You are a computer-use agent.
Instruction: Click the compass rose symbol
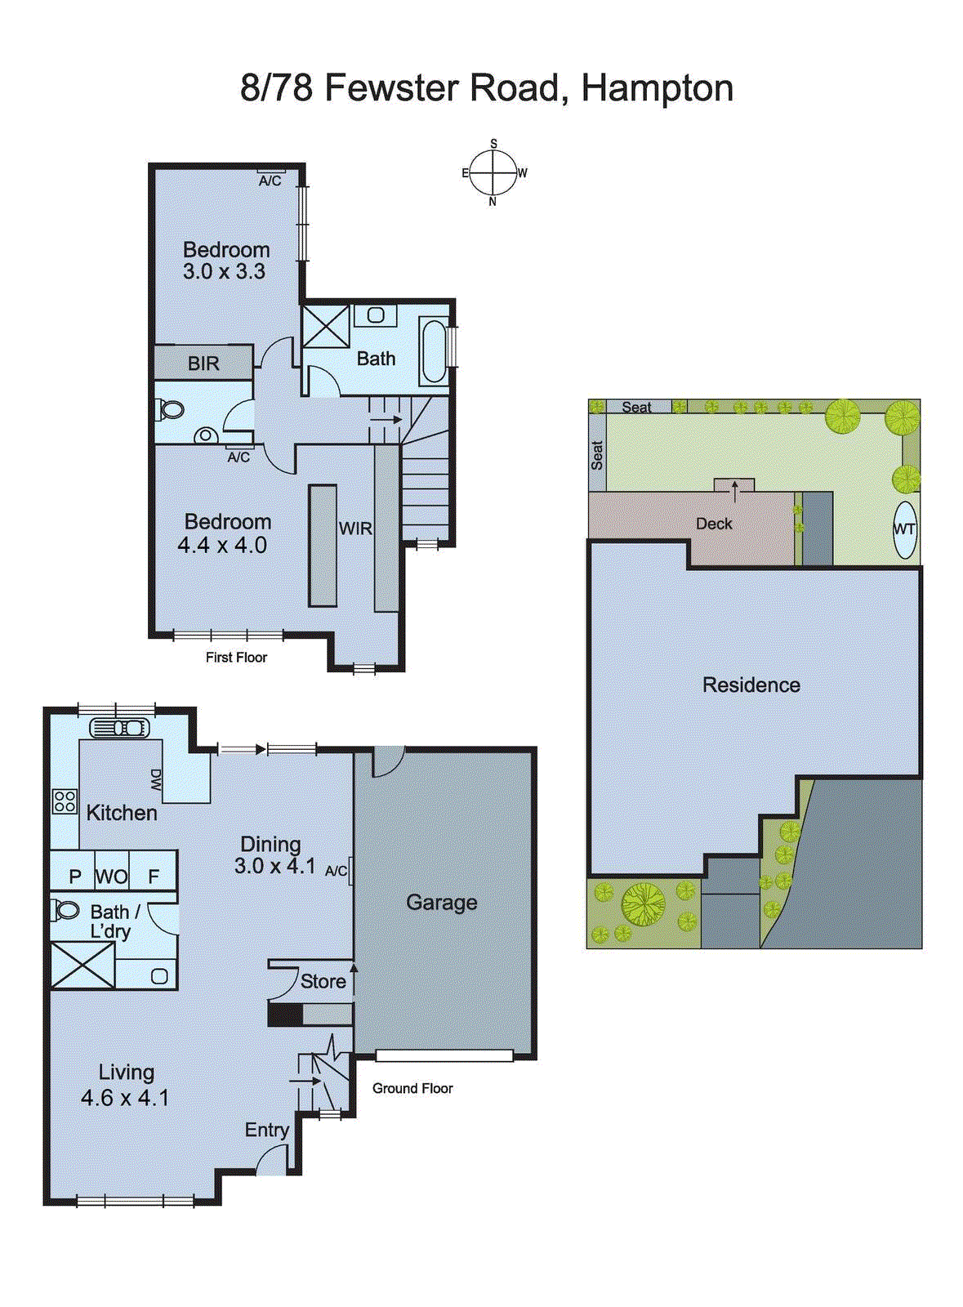click(x=493, y=172)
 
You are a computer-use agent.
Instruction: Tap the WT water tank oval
click(x=904, y=529)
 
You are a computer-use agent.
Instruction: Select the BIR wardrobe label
click(x=203, y=364)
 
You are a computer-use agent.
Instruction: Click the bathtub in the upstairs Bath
click(x=434, y=352)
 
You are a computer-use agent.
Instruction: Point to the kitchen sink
click(x=119, y=727)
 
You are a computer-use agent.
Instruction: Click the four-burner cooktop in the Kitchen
click(x=65, y=801)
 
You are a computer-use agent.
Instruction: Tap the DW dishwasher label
click(x=155, y=779)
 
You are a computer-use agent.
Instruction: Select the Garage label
click(x=441, y=903)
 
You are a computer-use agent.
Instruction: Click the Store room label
click(x=323, y=981)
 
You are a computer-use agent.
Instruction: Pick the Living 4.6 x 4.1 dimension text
click(x=125, y=1098)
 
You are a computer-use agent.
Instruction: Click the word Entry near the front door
click(x=267, y=1130)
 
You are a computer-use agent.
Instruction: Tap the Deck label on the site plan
click(x=714, y=524)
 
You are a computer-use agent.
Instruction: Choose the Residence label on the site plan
click(x=751, y=685)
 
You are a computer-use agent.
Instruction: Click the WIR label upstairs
click(x=355, y=529)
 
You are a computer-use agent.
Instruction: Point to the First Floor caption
click(x=236, y=657)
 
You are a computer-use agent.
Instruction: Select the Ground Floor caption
click(x=412, y=1088)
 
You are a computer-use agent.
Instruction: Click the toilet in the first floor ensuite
click(x=170, y=409)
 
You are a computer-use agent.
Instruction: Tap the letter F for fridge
click(x=154, y=877)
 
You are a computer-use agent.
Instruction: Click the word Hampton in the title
click(x=657, y=88)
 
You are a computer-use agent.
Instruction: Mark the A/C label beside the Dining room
click(x=336, y=871)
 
